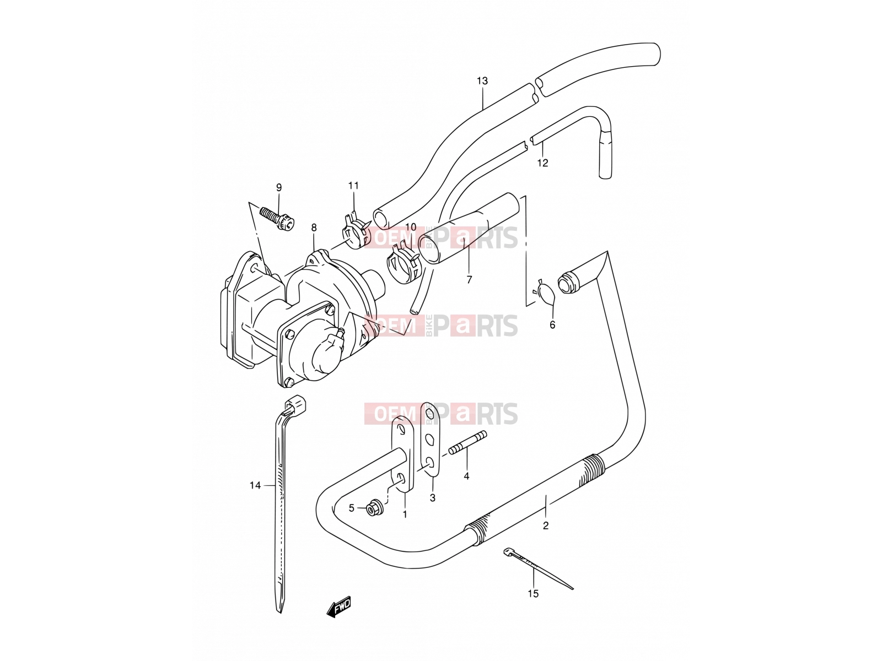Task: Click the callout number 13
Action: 482,81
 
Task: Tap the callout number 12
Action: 542,163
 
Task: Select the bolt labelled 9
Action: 277,218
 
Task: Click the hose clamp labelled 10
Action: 404,266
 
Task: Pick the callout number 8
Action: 314,228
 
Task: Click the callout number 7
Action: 469,280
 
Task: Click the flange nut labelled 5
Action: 374,508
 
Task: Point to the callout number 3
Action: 432,498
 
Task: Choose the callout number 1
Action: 405,514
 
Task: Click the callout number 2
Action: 545,525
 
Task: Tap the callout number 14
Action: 255,486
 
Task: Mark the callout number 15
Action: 533,594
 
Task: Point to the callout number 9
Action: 279,187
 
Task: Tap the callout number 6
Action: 552,324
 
